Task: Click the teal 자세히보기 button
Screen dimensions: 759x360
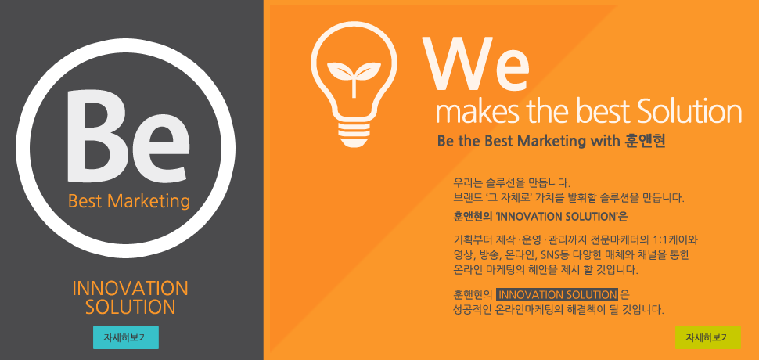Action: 126,337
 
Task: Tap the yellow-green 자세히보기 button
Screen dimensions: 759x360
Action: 707,337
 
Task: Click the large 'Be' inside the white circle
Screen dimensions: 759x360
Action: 127,137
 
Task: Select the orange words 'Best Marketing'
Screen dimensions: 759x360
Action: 129,201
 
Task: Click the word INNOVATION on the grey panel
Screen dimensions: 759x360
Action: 130,288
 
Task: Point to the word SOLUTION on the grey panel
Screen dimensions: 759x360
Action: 130,308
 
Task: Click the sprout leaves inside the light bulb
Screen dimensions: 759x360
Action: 354,73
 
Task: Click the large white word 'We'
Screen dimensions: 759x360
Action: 476,64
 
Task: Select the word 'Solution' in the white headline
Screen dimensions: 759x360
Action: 689,111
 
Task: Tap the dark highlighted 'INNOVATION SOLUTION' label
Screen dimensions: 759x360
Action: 557,295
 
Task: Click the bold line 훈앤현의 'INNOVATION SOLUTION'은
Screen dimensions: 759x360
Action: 540,217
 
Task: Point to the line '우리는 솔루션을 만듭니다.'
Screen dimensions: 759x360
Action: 513,183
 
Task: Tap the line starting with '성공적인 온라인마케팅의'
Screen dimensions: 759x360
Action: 558,309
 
